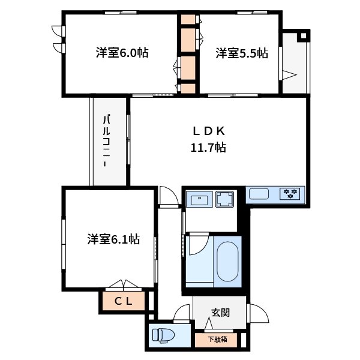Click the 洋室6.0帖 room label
click(122, 53)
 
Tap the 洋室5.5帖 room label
click(242, 53)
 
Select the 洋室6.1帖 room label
click(113, 239)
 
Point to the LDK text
click(208, 131)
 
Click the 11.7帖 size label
click(208, 148)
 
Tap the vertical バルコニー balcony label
click(106, 141)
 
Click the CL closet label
click(123, 301)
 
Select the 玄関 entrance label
click(220, 313)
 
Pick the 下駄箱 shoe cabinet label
click(218, 340)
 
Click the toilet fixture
click(163, 336)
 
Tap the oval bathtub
click(227, 261)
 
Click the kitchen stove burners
click(290, 194)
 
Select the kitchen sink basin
click(259, 194)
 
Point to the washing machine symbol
click(224, 199)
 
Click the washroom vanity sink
click(199, 199)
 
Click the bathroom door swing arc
click(205, 247)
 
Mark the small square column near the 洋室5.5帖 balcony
click(304, 35)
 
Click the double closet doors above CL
click(124, 284)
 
